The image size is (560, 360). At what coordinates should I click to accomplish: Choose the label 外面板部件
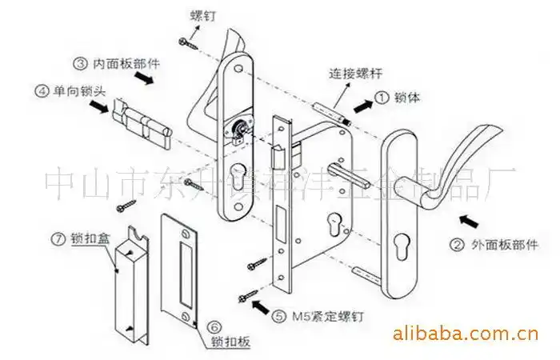click(x=502, y=244)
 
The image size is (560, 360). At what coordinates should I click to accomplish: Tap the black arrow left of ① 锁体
click(x=362, y=103)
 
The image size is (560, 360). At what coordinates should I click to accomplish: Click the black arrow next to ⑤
click(x=261, y=305)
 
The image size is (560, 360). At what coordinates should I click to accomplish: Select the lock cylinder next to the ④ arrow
click(x=144, y=120)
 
